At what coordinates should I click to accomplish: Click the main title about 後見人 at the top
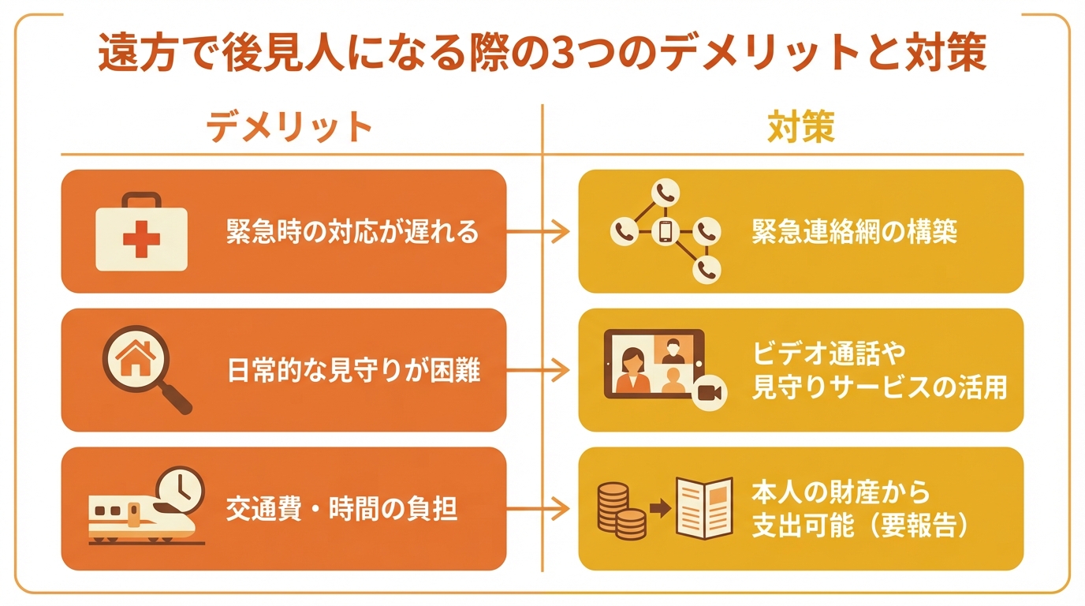point(542,55)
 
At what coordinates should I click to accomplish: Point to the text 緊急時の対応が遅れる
point(352,232)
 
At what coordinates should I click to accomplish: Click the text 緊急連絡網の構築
point(855,232)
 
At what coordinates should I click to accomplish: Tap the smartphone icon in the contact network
point(666,231)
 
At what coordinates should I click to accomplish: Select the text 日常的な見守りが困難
point(352,370)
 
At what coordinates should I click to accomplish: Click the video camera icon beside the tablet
point(709,392)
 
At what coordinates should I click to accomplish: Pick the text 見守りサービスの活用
point(880,387)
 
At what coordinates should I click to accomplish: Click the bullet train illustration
point(142,520)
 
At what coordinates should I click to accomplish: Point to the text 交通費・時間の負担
point(341,509)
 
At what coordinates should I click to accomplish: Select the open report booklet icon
point(704,509)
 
